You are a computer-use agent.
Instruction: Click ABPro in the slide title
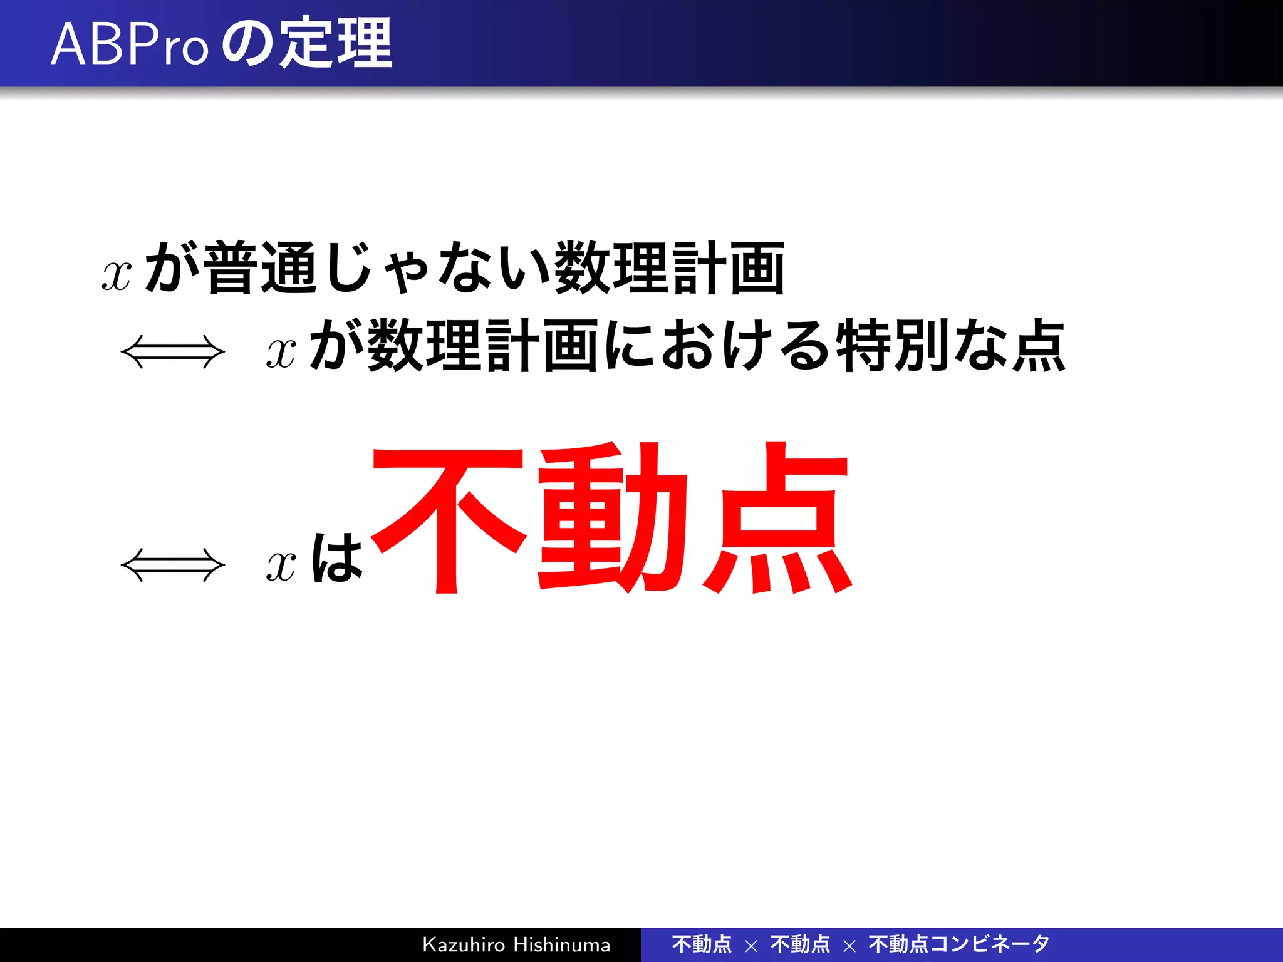click(x=128, y=44)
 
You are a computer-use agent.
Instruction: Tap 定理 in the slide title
click(x=335, y=43)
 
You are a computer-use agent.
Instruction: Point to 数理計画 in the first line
click(x=670, y=268)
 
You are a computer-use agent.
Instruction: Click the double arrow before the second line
click(x=172, y=352)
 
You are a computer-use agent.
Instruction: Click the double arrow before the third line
click(x=172, y=565)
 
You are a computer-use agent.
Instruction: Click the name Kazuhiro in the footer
click(x=463, y=944)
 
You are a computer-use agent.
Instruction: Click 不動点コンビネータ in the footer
click(x=959, y=944)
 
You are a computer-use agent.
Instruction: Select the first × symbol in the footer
click(x=751, y=946)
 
